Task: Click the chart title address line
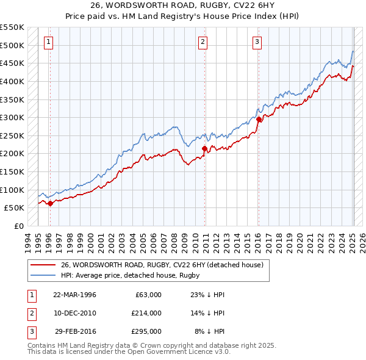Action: [x=183, y=5]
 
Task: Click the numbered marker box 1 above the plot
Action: [x=48, y=42]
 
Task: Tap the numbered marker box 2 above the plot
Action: [x=203, y=42]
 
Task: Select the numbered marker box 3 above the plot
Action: [x=257, y=42]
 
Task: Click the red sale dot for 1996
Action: [x=50, y=204]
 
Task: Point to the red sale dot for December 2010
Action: [x=204, y=148]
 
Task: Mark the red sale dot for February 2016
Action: [x=259, y=120]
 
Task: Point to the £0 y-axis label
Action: [x=19, y=226]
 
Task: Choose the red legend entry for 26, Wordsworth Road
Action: [x=162, y=265]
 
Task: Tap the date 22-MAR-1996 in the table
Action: [x=74, y=295]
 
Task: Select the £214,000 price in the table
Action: [x=146, y=313]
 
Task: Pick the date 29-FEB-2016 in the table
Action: [x=75, y=331]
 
